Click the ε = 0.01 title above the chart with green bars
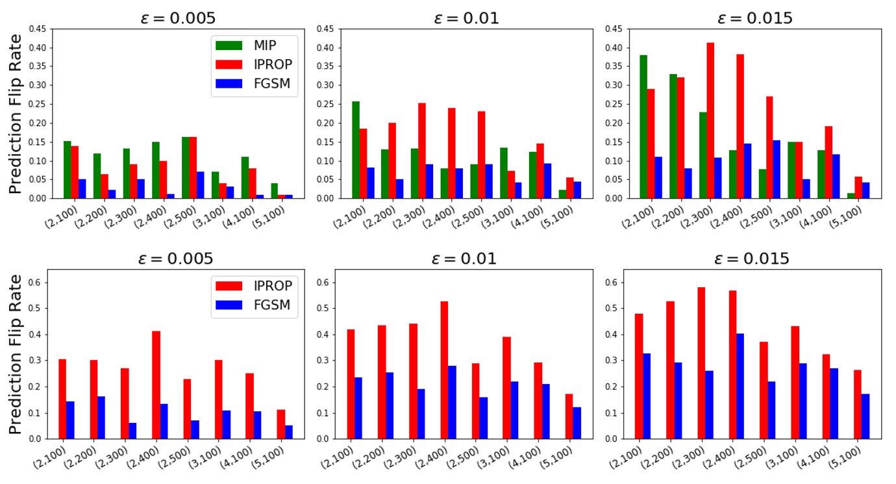pyautogui.click(x=466, y=18)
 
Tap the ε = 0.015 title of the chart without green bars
pyautogui.click(x=756, y=259)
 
